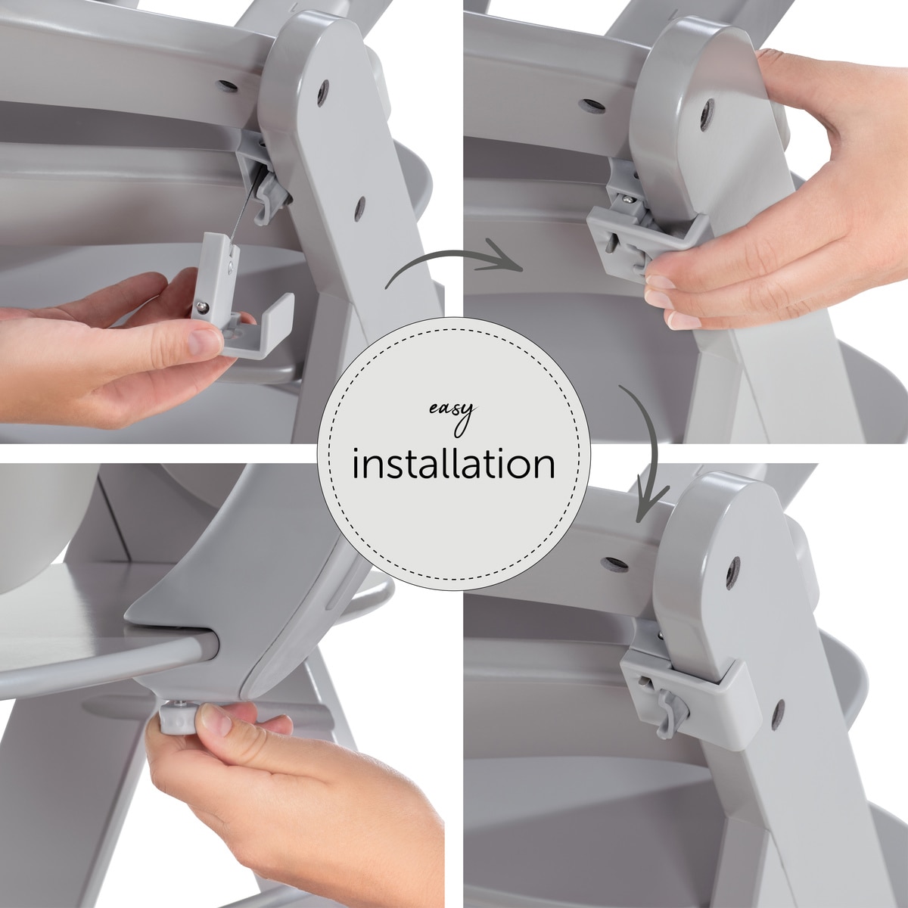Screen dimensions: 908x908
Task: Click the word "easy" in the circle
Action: (x=452, y=414)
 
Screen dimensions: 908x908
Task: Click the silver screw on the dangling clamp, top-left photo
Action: (x=203, y=306)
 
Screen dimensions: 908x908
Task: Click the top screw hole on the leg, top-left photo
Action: (x=323, y=93)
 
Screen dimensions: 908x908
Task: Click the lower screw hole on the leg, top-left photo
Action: (x=360, y=208)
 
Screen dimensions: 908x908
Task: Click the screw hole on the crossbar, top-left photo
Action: (x=227, y=86)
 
